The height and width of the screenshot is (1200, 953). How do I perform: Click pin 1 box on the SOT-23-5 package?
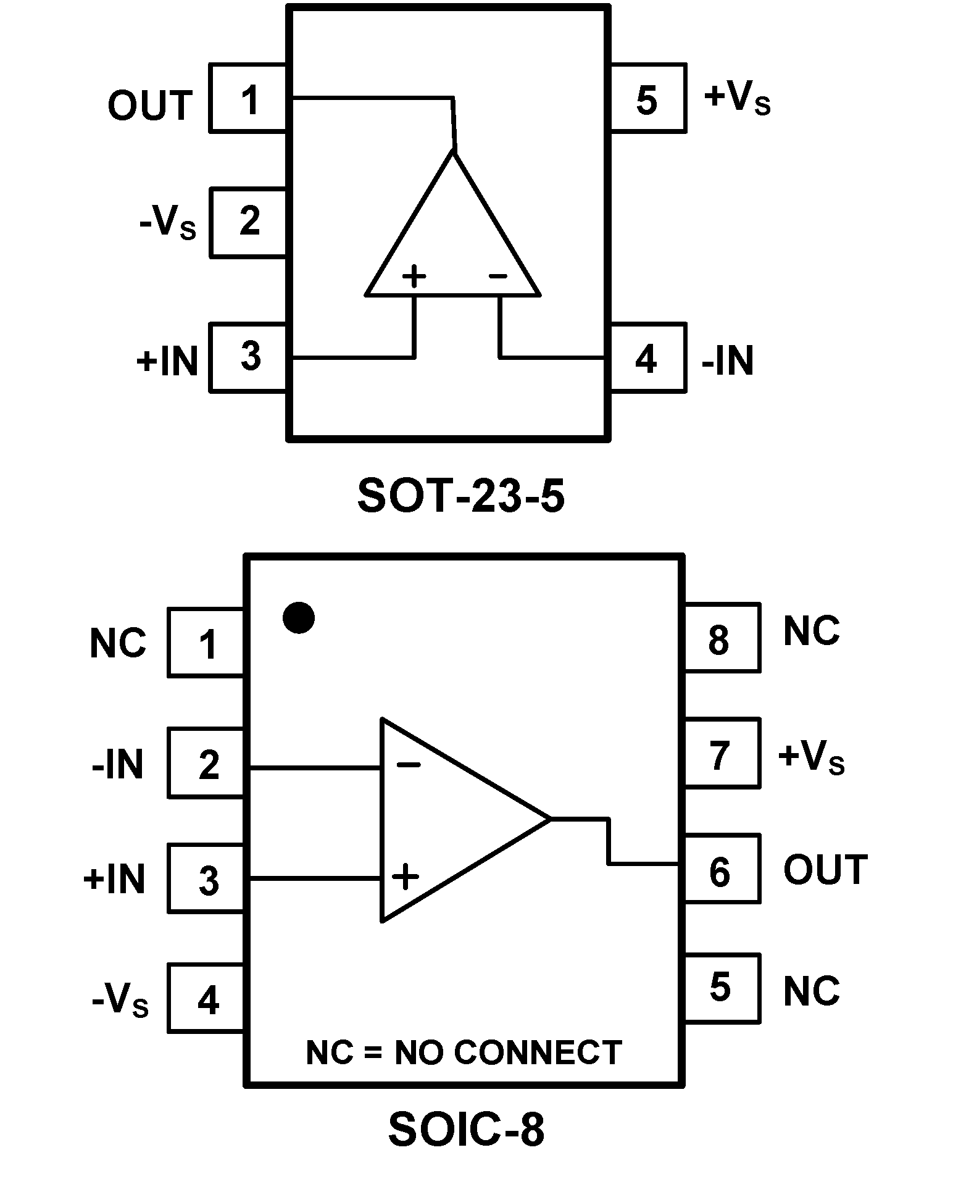point(248,98)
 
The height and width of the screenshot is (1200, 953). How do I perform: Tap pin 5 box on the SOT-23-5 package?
point(647,98)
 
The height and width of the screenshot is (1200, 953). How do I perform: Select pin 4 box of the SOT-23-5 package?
point(647,357)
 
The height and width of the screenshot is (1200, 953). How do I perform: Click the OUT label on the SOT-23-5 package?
point(150,106)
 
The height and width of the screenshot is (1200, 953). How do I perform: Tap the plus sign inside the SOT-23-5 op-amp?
point(414,277)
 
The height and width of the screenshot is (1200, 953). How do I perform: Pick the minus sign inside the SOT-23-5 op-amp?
point(497,276)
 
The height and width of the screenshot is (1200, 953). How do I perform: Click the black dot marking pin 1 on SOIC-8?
point(299,617)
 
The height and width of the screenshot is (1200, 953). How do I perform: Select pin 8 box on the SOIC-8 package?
point(720,638)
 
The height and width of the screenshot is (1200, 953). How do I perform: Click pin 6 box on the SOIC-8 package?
point(720,870)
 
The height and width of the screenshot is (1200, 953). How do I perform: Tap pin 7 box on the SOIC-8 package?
point(720,753)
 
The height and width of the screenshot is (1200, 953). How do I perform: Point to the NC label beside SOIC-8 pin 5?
point(812,991)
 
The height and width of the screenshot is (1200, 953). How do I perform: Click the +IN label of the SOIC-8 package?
point(115,878)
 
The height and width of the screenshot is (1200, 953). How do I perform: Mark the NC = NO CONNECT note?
point(464,1053)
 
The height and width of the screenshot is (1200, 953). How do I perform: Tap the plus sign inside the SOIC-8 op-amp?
point(405,877)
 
